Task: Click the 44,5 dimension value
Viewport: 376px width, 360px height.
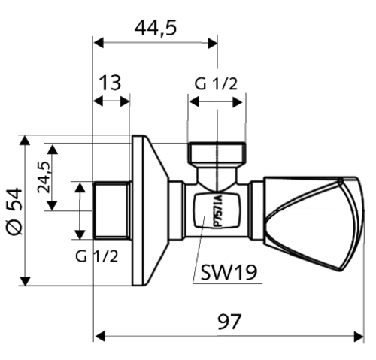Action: tap(156, 28)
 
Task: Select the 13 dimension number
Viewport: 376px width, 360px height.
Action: tap(110, 82)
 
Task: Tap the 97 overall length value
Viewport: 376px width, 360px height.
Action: tap(229, 322)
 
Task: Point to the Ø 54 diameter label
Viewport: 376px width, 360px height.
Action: tap(14, 211)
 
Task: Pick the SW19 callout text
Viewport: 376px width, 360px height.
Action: tap(229, 272)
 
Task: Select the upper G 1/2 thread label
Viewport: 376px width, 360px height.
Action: tap(216, 83)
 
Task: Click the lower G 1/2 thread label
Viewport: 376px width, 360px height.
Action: tap(97, 256)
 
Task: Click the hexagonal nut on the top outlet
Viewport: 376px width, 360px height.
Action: tap(217, 153)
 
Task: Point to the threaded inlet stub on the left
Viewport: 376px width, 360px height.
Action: tap(112, 210)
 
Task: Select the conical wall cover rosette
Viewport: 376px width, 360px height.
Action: tap(150, 210)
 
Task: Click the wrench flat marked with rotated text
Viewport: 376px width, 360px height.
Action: tap(217, 211)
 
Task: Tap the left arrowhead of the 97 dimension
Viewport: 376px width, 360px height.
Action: tap(100, 336)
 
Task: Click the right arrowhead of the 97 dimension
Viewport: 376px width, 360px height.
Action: tap(358, 336)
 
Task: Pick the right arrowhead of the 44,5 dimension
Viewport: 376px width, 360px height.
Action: tap(212, 43)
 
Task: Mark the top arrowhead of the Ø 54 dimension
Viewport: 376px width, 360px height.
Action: tap(25, 141)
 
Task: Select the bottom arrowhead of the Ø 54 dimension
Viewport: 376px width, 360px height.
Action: tap(25, 280)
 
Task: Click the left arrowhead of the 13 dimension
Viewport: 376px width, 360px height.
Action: tap(99, 101)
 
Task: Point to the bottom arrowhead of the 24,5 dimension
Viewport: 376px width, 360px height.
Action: tap(53, 205)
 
